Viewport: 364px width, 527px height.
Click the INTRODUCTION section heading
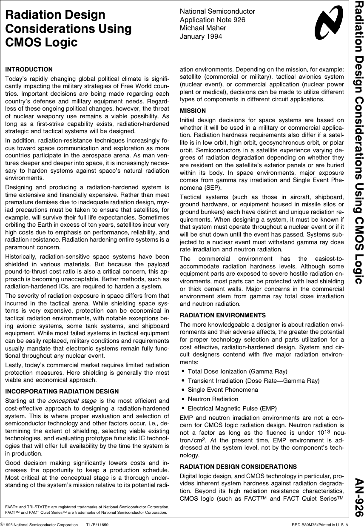29,69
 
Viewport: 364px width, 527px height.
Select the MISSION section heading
193,111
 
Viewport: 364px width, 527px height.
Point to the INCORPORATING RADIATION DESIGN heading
62,391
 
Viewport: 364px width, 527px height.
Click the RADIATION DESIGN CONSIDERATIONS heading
239,467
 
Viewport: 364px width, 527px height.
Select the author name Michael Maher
203,28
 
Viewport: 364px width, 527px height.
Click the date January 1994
201,36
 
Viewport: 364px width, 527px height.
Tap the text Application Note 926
213,20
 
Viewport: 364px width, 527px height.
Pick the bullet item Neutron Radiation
213,399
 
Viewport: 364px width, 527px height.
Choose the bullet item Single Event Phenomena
223,390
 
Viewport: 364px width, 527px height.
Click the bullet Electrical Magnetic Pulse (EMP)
232,408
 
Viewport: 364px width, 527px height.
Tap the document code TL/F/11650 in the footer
97,524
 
